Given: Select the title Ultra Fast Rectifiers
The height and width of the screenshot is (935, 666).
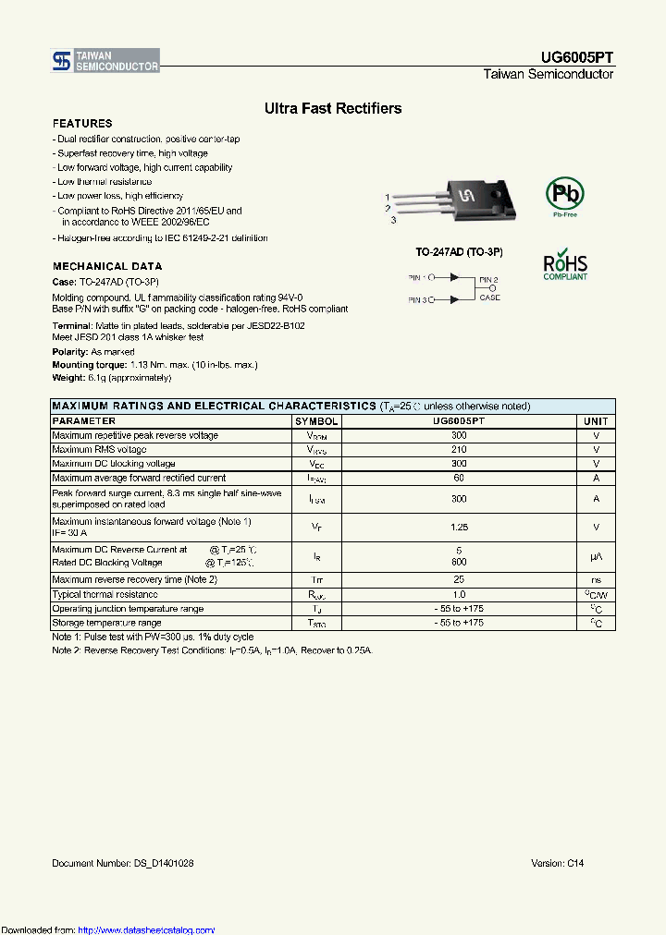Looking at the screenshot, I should [333, 108].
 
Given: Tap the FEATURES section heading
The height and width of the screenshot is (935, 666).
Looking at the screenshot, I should [82, 123].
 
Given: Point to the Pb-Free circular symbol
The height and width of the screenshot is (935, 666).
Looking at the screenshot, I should [564, 194].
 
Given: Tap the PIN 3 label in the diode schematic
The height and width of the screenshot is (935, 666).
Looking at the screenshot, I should [417, 300].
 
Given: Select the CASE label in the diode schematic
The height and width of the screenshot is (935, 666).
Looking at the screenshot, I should [490, 297].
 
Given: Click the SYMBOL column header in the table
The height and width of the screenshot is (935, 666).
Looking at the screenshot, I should [316, 420].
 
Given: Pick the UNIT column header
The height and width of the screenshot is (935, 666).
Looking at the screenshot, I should [596, 420].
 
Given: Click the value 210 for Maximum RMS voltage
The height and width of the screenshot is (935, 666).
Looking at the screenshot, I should [459, 449].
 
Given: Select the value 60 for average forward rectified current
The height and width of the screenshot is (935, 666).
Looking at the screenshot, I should [459, 478].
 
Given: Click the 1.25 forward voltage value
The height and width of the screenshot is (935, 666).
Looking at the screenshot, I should [459, 527].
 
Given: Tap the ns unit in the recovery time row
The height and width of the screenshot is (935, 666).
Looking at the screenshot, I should [596, 579].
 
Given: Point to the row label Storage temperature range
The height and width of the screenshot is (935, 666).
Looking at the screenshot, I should [107, 623].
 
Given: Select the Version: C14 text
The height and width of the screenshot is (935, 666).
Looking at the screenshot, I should [558, 863].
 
